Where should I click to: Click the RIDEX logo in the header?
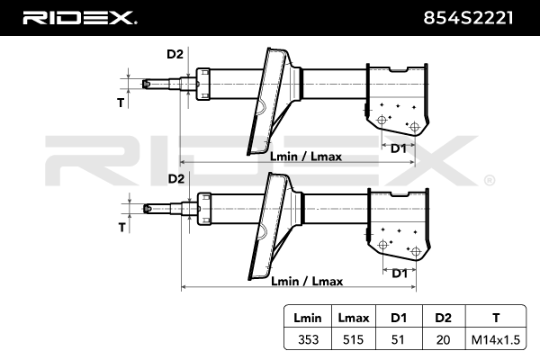pyautogui.click(x=78, y=17)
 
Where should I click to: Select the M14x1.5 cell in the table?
pyautogui.click(x=495, y=339)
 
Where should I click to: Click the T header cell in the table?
pyautogui.click(x=495, y=317)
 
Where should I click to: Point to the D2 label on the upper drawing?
pyautogui.click(x=175, y=55)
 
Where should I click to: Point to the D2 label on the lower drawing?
pyautogui.click(x=175, y=179)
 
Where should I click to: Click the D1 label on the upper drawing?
pyautogui.click(x=399, y=147)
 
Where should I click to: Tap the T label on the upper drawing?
pyautogui.click(x=121, y=103)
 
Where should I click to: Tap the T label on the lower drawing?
pyautogui.click(x=121, y=227)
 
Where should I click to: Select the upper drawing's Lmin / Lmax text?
pyautogui.click(x=306, y=157)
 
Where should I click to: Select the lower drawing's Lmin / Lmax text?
pyautogui.click(x=307, y=282)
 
